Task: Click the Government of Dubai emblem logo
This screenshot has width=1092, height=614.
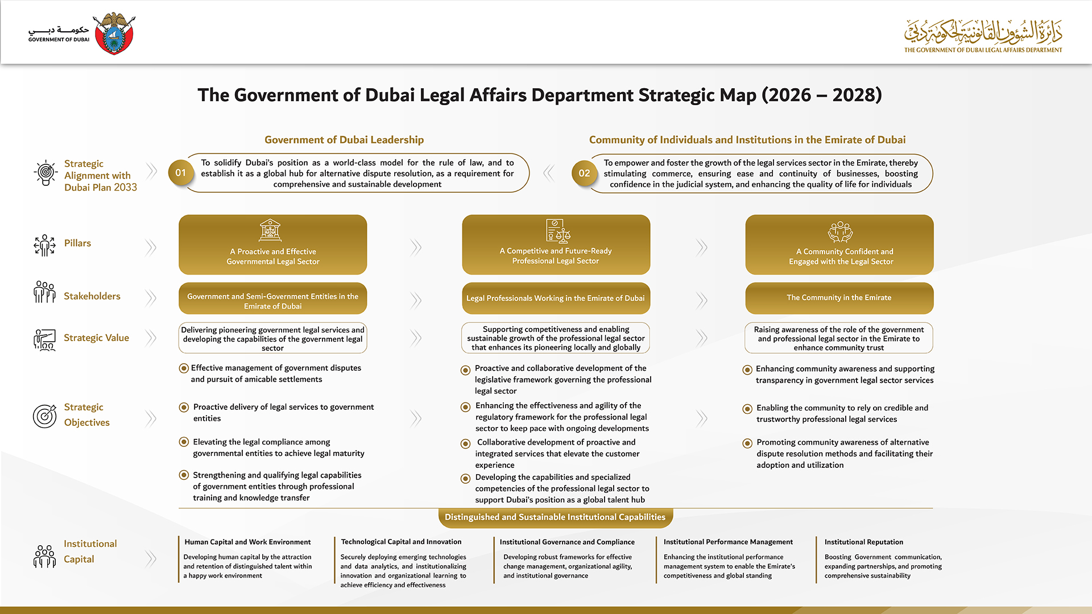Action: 114,34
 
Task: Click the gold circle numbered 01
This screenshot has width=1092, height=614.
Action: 180,173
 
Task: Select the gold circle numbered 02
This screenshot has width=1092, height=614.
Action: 584,173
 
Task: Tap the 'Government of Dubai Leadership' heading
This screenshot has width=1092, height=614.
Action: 344,140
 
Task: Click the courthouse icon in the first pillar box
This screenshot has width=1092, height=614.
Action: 270,230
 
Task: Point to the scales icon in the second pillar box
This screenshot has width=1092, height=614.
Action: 558,230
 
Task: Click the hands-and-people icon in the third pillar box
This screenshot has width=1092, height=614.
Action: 840,231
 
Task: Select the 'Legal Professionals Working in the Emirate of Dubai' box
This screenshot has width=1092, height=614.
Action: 556,298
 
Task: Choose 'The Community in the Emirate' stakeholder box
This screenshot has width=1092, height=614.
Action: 839,298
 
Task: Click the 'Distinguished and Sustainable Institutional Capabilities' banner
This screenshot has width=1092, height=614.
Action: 555,517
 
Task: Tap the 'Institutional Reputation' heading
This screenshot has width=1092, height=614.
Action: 863,542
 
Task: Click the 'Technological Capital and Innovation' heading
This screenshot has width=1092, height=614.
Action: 401,542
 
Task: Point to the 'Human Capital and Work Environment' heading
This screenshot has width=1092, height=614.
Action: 247,542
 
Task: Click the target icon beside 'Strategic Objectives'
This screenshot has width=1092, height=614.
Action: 44,416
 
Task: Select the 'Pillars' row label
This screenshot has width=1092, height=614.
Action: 77,243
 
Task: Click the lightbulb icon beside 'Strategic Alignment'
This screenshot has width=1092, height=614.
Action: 45,173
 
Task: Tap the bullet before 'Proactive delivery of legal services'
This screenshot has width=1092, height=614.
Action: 184,408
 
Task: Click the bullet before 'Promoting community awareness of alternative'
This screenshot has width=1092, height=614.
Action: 747,443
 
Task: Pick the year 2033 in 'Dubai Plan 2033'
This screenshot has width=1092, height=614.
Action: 125,188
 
